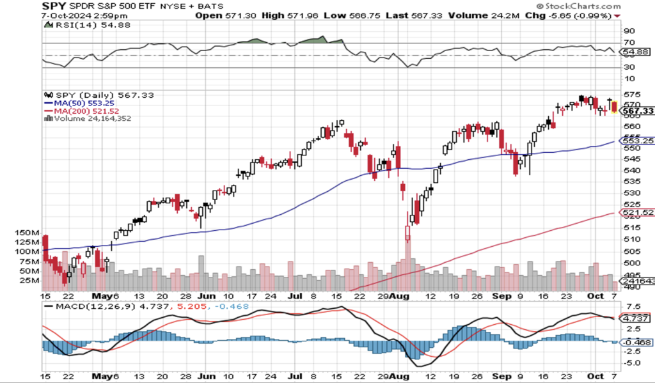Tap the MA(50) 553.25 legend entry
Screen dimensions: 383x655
coord(80,102)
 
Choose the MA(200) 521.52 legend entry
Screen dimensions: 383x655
coord(83,110)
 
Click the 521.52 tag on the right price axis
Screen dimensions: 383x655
coord(637,212)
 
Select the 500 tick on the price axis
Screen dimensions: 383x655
coord(629,263)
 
